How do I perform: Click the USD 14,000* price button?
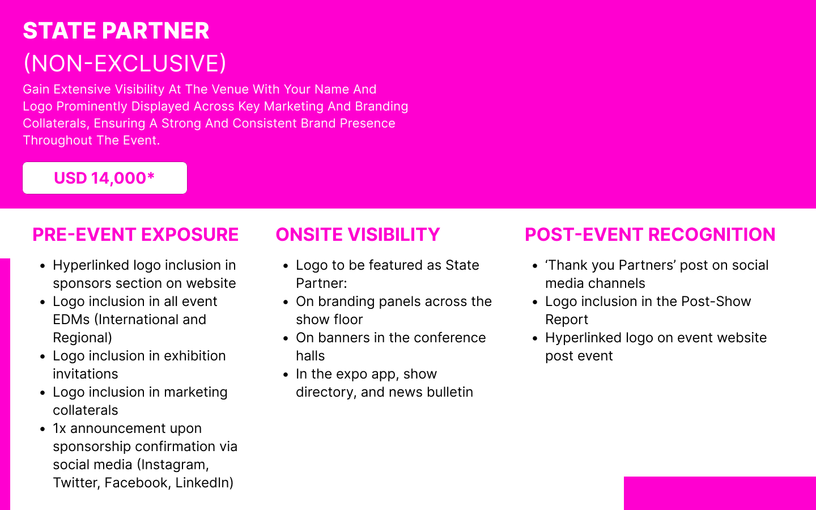pyautogui.click(x=104, y=178)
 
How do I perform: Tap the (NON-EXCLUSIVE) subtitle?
pyautogui.click(x=125, y=63)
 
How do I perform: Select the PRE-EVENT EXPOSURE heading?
pyautogui.click(x=135, y=234)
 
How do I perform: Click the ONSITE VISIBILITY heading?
pyautogui.click(x=358, y=234)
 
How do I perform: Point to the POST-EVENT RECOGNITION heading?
pyautogui.click(x=650, y=234)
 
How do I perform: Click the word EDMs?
pyautogui.click(x=71, y=320)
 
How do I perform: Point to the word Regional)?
pyautogui.click(x=82, y=338)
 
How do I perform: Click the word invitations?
pyautogui.click(x=86, y=374)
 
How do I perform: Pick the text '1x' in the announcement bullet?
pyautogui.click(x=59, y=428)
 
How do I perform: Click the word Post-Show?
pyautogui.click(x=716, y=301)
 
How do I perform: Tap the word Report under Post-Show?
pyautogui.click(x=567, y=320)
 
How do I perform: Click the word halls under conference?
pyautogui.click(x=311, y=356)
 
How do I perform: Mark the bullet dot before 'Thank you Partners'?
pyautogui.click(x=535, y=266)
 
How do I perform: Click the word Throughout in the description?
pyautogui.click(x=58, y=141)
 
